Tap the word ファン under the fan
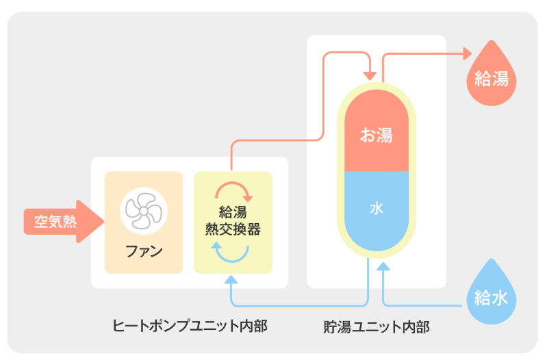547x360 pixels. tap(144, 250)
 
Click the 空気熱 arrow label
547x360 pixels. tap(55, 222)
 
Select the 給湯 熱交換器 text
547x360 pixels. tap(233, 221)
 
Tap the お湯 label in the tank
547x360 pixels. tap(376, 135)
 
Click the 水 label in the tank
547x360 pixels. tap(376, 208)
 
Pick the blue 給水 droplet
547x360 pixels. tap(491, 296)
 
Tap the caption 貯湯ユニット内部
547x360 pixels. tap(376, 326)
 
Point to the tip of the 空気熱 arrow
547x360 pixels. tap(102, 222)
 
